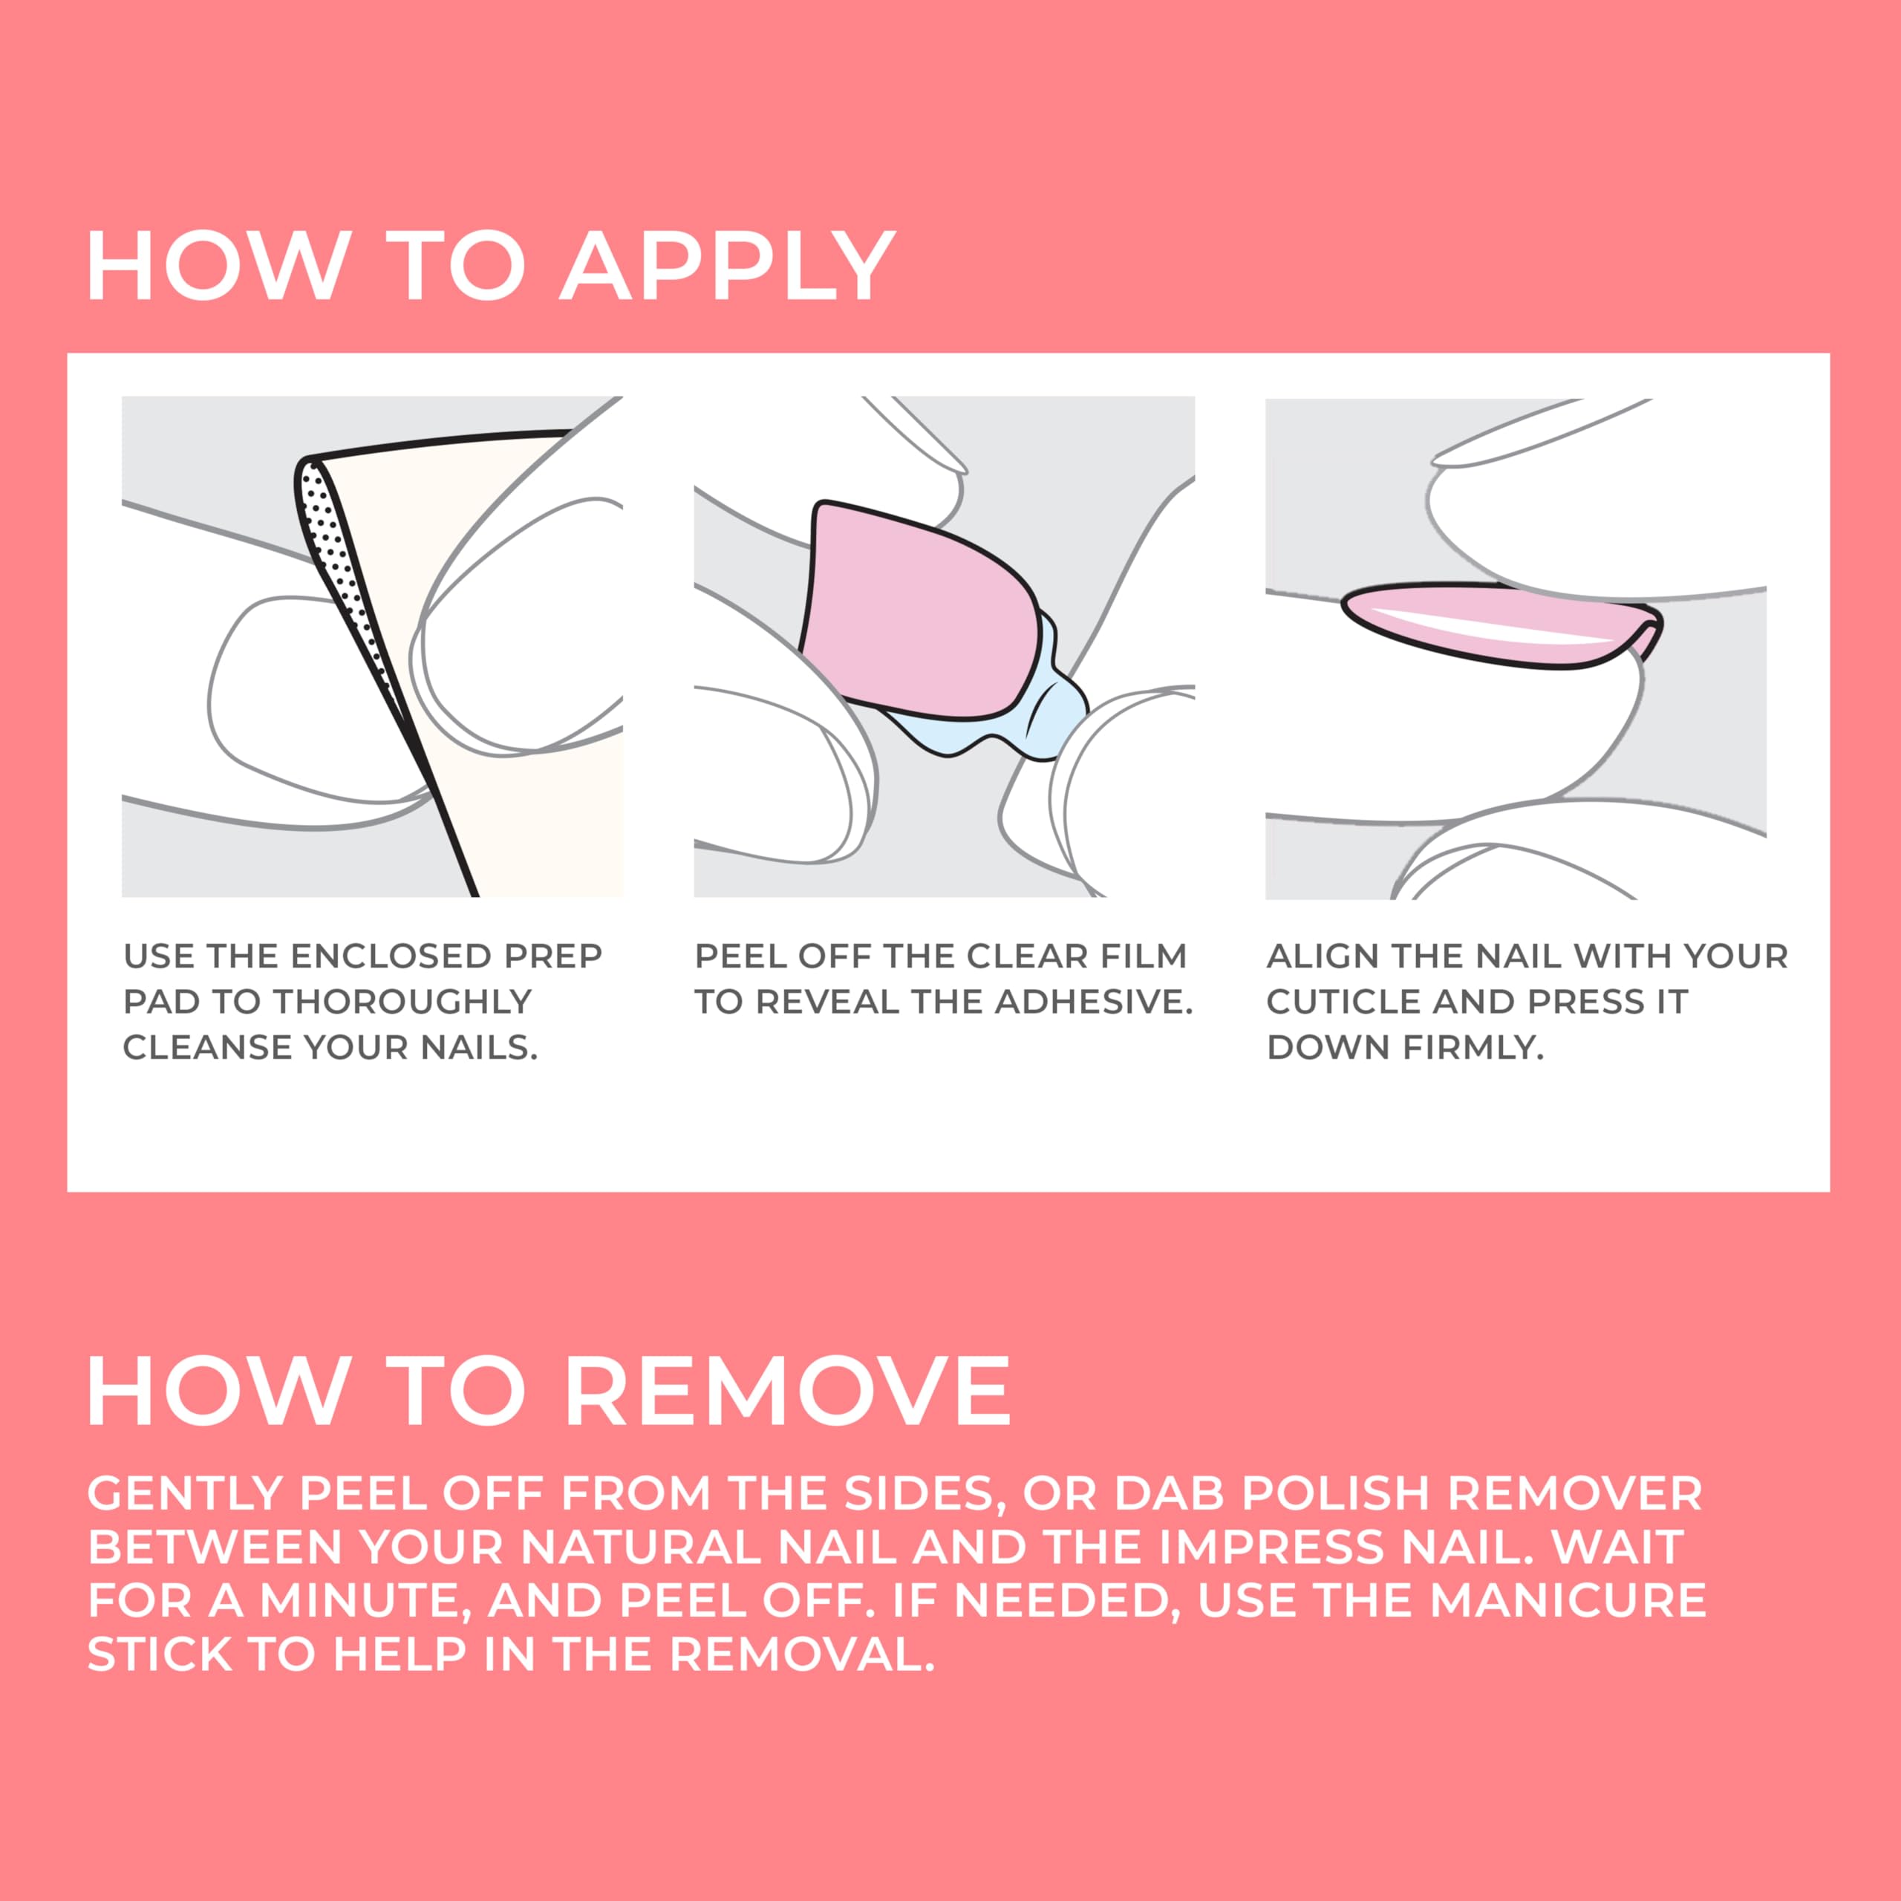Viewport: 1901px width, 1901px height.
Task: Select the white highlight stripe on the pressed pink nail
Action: tap(1486, 627)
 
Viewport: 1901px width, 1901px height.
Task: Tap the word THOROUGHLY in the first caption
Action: tap(402, 1002)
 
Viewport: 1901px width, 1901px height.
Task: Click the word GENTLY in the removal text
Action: tap(185, 1493)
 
